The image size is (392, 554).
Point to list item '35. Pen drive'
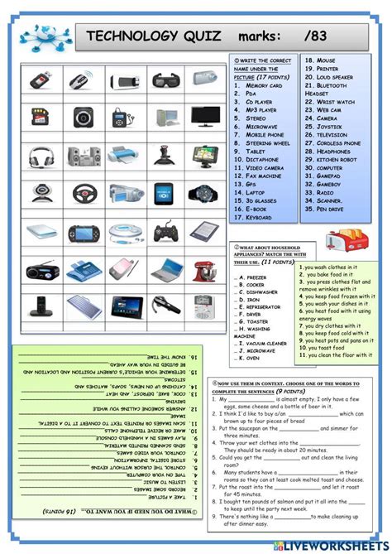[x=327, y=208]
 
